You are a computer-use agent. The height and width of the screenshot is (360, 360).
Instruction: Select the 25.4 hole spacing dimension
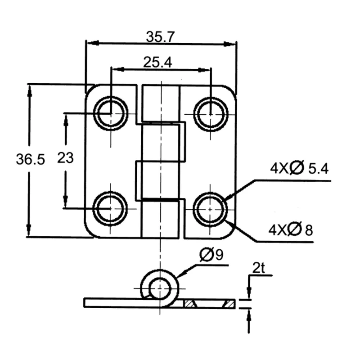coord(157,62)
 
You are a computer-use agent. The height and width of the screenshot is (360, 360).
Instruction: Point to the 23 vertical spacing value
coord(65,158)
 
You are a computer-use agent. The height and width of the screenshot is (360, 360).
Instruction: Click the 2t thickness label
coord(258,269)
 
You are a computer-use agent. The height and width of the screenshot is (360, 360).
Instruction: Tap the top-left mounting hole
coord(110,112)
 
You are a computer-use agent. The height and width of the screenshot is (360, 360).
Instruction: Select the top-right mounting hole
coord(211,112)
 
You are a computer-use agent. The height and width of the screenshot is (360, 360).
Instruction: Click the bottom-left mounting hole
coord(110,208)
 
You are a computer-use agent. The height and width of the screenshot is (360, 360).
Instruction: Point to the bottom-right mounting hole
coord(211,208)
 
